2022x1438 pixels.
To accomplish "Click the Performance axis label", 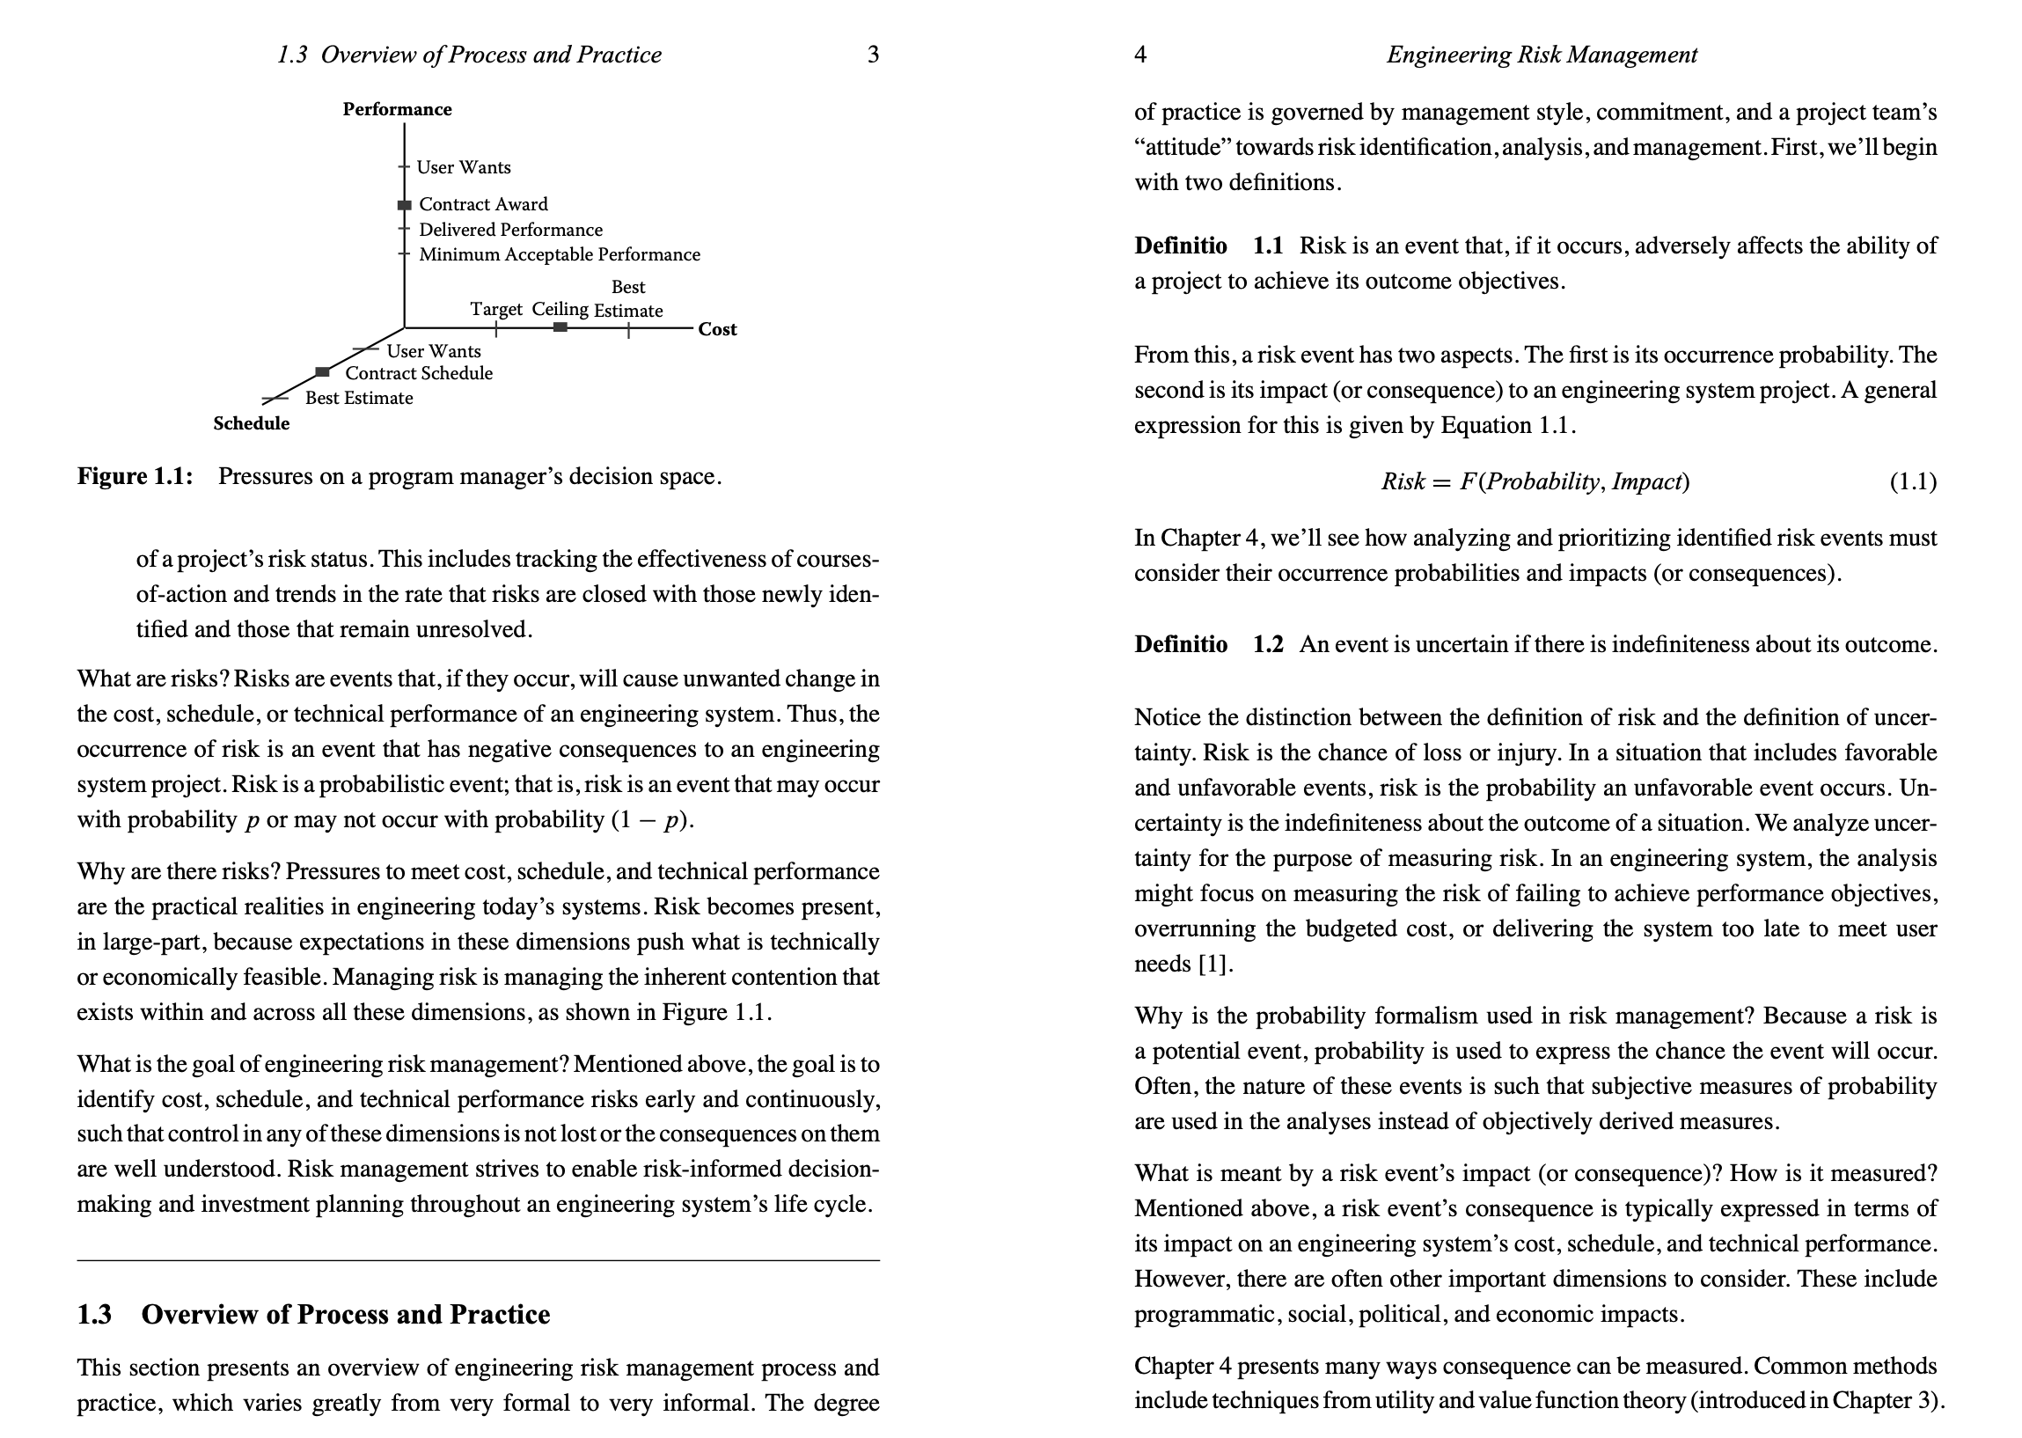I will [x=398, y=109].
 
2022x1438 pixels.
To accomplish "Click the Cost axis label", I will [x=717, y=329].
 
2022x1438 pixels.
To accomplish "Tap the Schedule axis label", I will [x=252, y=423].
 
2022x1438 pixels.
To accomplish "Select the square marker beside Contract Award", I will [x=405, y=205].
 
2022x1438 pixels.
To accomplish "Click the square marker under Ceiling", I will [x=560, y=327].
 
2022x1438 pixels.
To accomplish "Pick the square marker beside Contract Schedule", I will [x=323, y=372].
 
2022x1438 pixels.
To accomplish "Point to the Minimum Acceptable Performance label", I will [x=559, y=255].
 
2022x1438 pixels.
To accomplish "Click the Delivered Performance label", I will [x=510, y=231].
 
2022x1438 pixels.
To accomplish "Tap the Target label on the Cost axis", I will [x=495, y=309].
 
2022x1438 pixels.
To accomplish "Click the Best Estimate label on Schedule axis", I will [x=358, y=399].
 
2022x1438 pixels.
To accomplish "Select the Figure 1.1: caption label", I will [x=135, y=476].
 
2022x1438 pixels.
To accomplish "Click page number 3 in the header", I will [x=873, y=55].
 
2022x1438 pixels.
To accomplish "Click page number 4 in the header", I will [x=1140, y=55].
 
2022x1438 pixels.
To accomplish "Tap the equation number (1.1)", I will [x=1913, y=482].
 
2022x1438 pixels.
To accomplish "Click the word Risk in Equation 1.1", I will [x=1403, y=482].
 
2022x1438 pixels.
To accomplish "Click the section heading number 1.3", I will [x=95, y=1315].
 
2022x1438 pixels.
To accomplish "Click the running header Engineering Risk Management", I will [x=1542, y=55].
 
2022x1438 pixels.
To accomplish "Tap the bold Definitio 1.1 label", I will [x=1208, y=246].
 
